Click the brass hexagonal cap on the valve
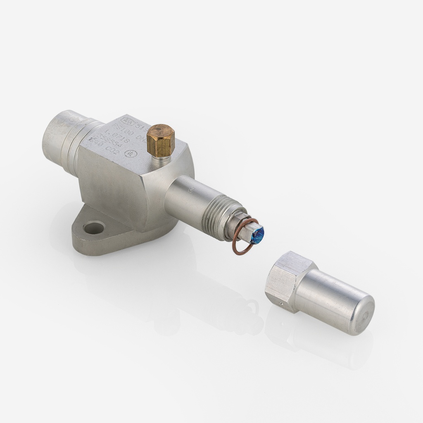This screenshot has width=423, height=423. coord(161,139)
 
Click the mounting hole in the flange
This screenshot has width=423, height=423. coord(94,227)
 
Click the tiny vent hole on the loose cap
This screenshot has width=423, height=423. coord(281,304)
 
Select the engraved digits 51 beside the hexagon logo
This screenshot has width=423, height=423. coord(137,123)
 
